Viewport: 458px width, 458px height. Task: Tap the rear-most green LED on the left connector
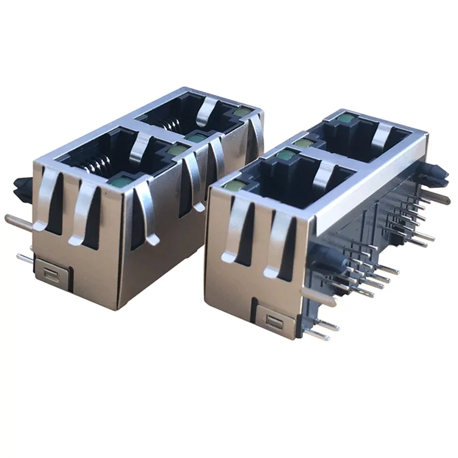pos(242,111)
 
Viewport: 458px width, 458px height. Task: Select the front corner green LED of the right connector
pos(233,185)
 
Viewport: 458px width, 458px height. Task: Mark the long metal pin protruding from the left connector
pos(18,220)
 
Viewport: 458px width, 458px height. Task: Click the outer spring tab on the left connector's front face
pos(48,198)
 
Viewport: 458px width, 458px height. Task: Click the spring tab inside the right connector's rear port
pos(381,136)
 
